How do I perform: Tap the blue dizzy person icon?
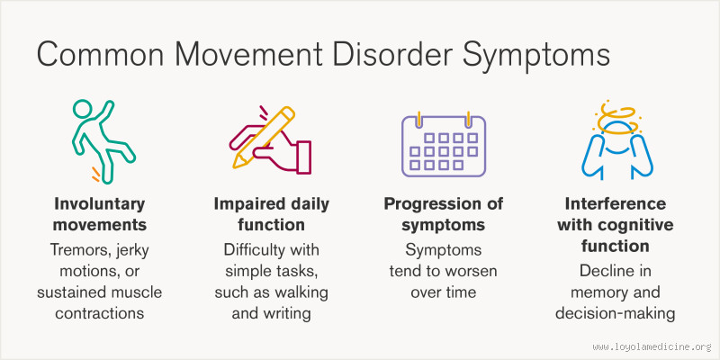pos(618,148)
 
